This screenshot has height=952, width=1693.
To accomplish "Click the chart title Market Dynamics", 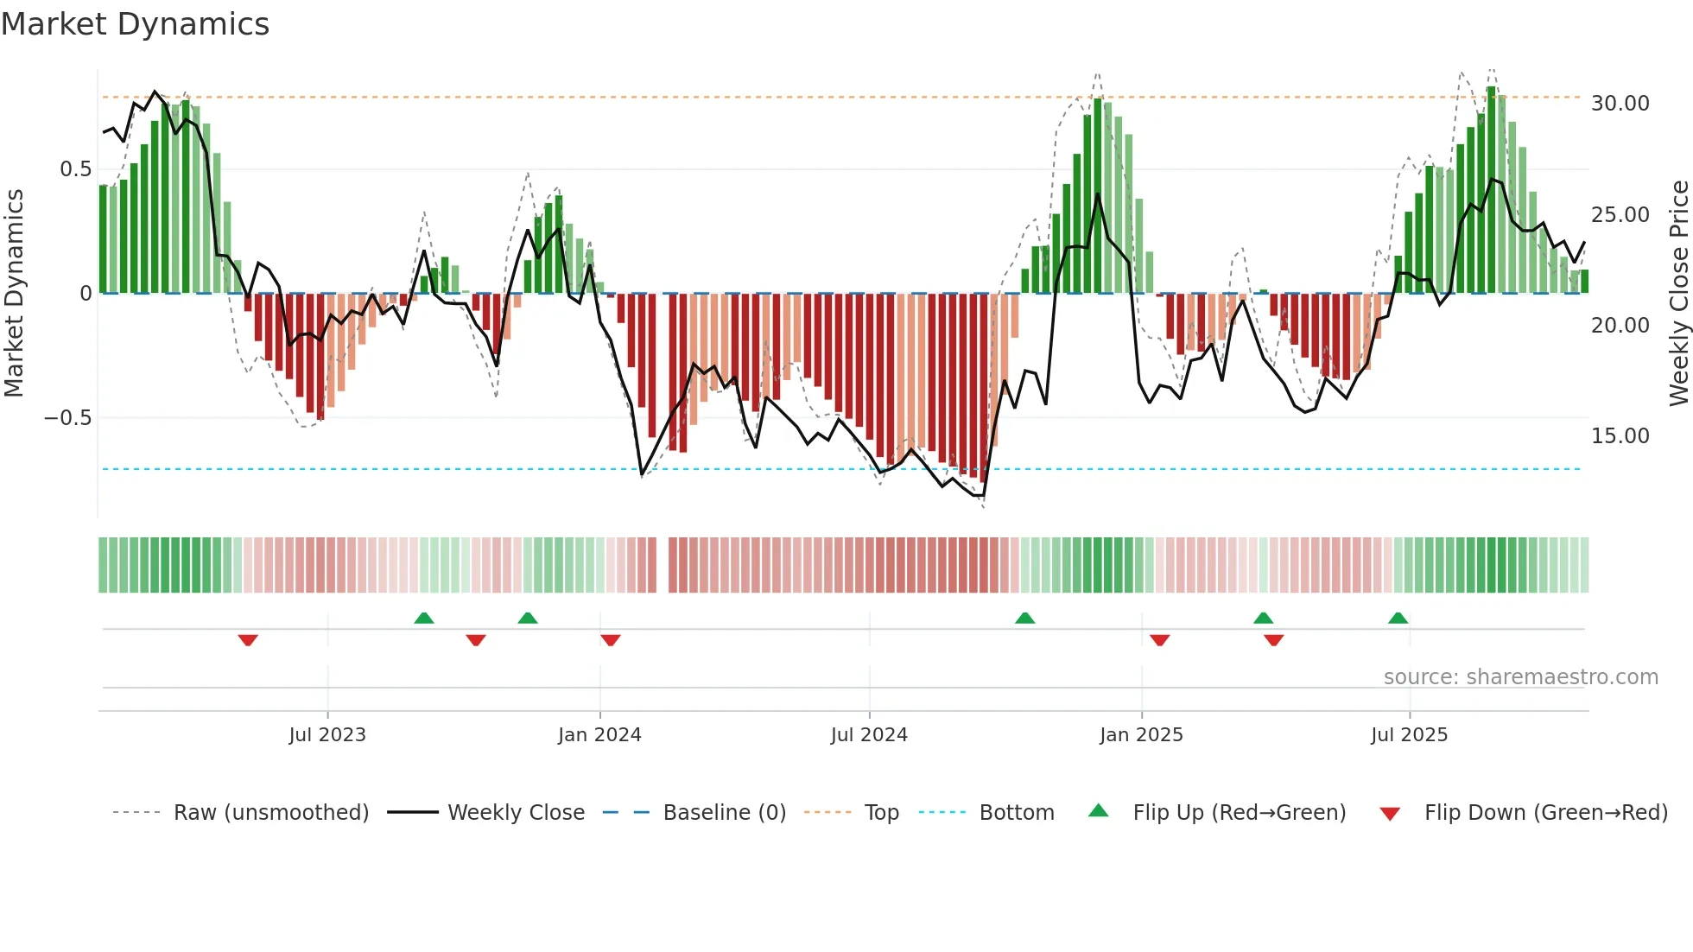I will (135, 24).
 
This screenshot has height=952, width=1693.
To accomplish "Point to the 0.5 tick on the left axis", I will (76, 169).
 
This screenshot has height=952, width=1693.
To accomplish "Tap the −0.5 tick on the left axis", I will (68, 418).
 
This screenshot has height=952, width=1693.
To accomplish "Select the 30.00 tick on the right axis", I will (1620, 104).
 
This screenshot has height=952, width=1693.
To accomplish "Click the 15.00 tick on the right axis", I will (1620, 436).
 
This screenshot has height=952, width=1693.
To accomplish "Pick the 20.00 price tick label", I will (1620, 326).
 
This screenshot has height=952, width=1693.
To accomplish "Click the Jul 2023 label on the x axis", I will (327, 735).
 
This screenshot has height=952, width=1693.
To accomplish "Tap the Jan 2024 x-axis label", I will (599, 735).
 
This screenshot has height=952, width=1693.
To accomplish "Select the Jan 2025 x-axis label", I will (1141, 735).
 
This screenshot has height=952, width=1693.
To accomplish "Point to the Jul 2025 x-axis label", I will (1409, 735).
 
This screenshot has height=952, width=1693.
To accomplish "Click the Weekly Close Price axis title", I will (1678, 294).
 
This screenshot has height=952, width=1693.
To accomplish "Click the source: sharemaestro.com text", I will (1520, 677).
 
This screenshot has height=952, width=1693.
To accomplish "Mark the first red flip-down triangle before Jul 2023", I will (248, 640).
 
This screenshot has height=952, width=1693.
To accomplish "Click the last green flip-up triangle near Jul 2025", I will (1398, 618).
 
